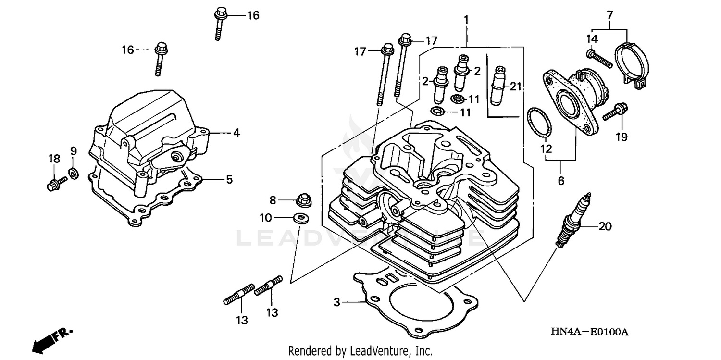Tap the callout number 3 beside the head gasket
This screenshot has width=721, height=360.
tap(337, 302)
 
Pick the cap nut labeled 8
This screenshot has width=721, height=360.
tap(303, 199)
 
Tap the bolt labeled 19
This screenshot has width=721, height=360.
tap(613, 112)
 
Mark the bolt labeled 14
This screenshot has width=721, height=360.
tap(598, 58)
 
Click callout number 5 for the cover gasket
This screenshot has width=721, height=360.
tap(229, 180)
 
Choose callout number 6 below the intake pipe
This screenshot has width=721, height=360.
tap(561, 181)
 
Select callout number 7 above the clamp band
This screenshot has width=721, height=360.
tap(610, 15)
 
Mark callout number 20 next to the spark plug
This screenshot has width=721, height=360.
tap(605, 226)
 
